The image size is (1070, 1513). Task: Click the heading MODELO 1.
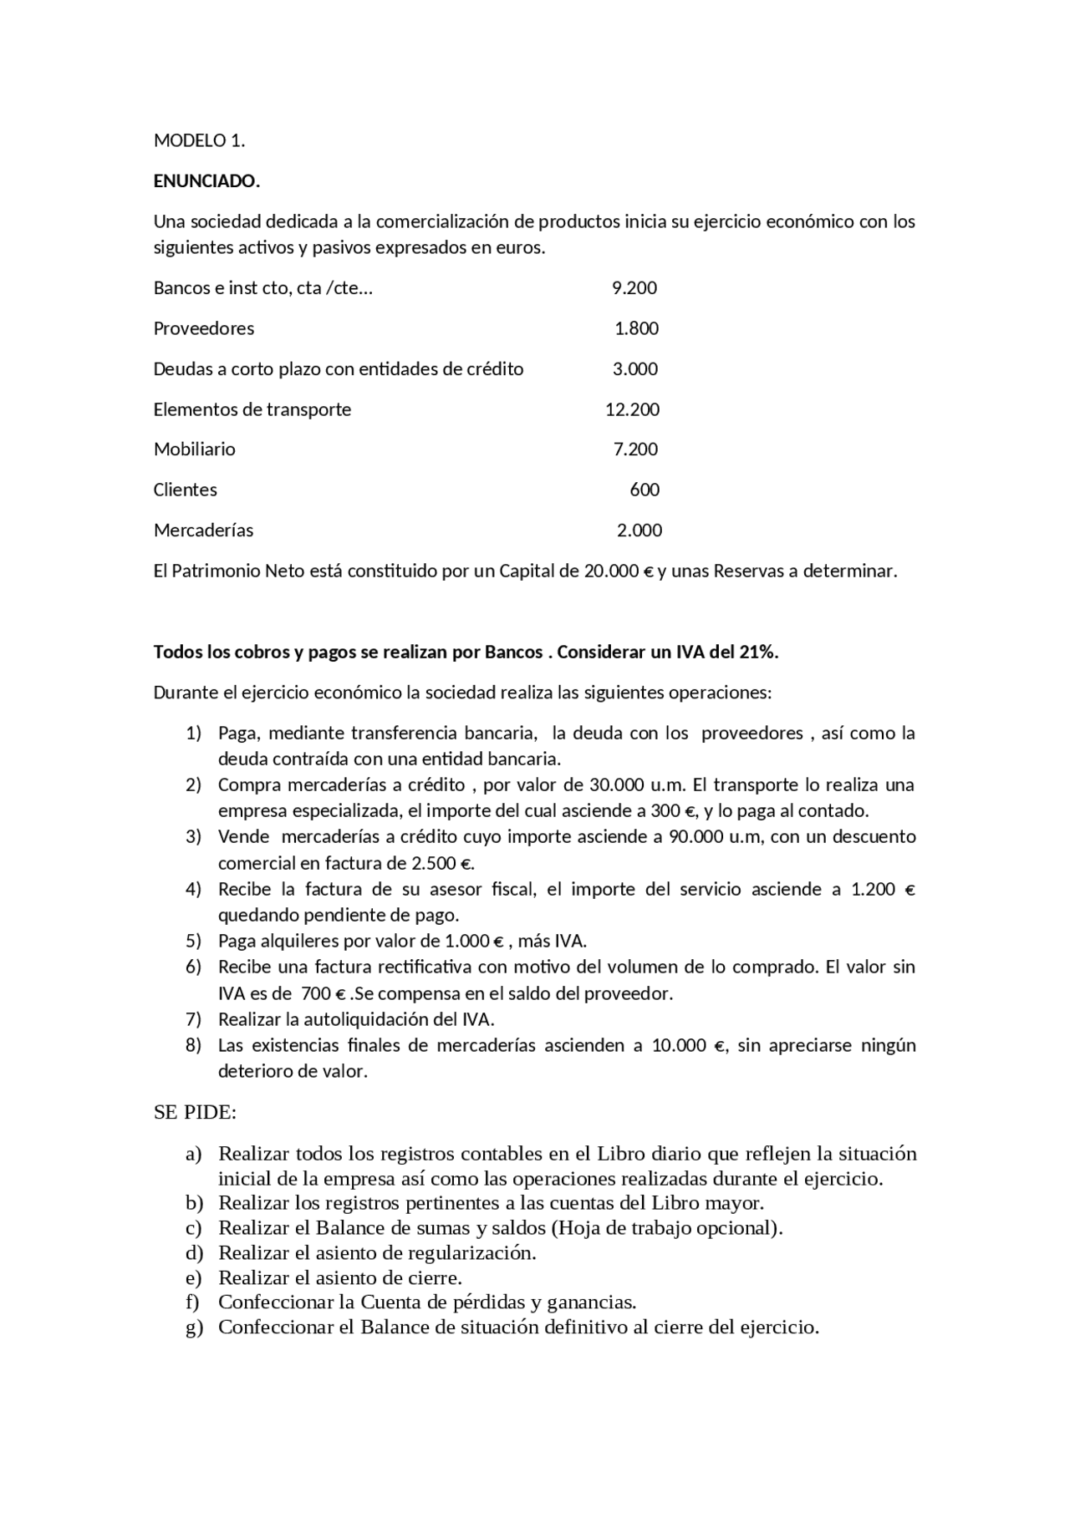click(199, 141)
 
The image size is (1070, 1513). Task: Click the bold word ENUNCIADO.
click(206, 181)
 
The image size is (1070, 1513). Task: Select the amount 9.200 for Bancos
click(634, 288)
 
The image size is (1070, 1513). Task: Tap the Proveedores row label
click(204, 328)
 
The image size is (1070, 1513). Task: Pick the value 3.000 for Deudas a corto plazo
click(635, 369)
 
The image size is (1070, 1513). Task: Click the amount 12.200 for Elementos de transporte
click(632, 409)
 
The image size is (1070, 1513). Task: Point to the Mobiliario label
click(195, 449)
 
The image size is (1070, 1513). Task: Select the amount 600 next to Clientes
click(645, 490)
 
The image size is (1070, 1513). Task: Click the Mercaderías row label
click(203, 531)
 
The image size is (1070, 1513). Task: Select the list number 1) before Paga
click(193, 734)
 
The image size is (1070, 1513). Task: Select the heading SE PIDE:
click(195, 1113)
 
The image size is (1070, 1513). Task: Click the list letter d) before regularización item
click(194, 1253)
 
